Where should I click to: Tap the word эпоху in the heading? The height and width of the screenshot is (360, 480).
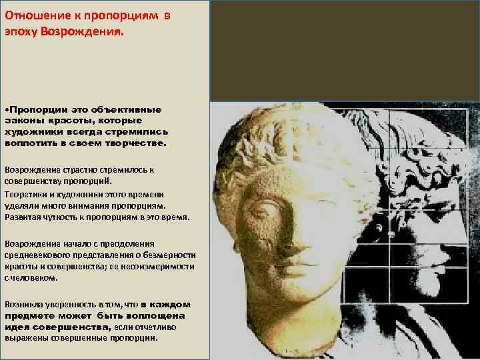(x=21, y=31)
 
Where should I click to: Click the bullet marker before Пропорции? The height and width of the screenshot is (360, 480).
(x=7, y=109)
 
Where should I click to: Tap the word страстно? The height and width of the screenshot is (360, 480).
(x=77, y=169)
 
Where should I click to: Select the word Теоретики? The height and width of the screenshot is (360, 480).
(x=26, y=193)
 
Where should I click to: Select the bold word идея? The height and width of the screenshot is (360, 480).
(x=18, y=326)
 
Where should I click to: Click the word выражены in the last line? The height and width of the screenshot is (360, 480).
(x=24, y=337)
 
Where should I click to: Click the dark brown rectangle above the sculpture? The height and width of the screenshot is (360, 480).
(x=345, y=50)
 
